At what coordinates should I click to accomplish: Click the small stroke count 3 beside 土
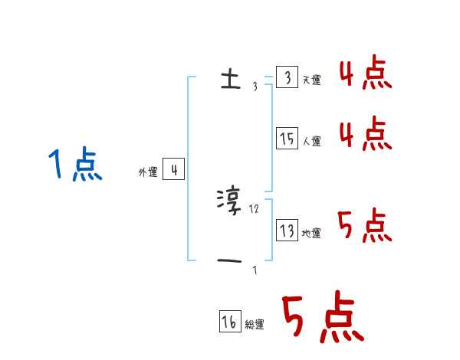click(255, 87)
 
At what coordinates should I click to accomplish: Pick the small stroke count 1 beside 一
click(255, 270)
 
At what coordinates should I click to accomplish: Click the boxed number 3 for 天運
click(287, 78)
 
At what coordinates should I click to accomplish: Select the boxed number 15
click(287, 139)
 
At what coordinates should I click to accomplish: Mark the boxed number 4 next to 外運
click(174, 170)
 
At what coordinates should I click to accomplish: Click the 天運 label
click(312, 80)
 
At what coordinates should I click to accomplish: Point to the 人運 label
click(312, 141)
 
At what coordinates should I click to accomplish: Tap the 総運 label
click(255, 325)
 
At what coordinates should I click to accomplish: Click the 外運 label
click(148, 172)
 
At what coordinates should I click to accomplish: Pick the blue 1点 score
click(74, 166)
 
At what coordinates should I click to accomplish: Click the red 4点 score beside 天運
click(364, 74)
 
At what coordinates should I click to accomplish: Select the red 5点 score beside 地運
click(364, 224)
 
